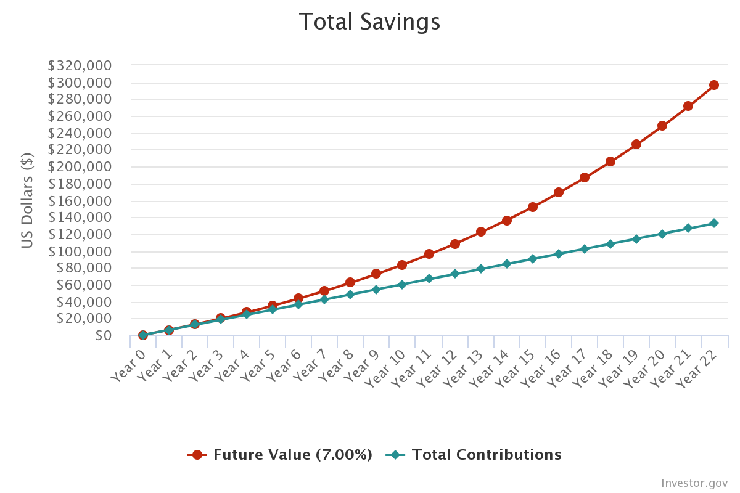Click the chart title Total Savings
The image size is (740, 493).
coord(369,22)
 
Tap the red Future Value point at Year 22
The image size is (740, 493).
coord(714,85)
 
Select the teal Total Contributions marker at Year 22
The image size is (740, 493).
coord(714,223)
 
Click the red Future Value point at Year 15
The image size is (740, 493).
coord(533,207)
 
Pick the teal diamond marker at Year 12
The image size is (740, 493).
coord(455,274)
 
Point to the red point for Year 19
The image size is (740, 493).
coord(636,144)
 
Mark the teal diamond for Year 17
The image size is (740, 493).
coord(585,249)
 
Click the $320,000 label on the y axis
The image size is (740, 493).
coord(80,65)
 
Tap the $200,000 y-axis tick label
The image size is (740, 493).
coord(80,167)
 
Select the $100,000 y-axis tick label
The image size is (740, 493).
coord(80,251)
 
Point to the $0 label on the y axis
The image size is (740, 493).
coord(104,336)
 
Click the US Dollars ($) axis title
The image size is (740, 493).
coord(27,200)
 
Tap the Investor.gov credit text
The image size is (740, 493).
coord(694,483)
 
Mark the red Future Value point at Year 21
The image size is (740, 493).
coord(688,106)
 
